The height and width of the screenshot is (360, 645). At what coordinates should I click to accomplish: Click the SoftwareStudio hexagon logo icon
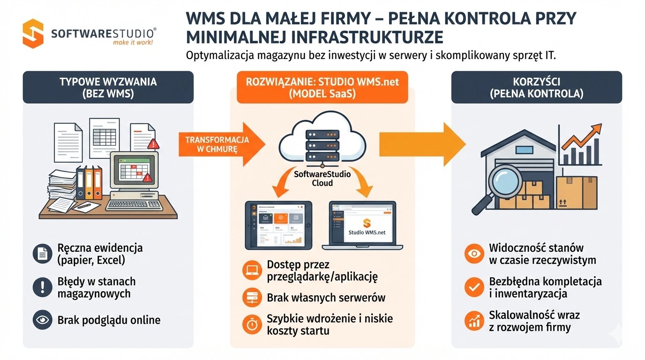tap(33, 33)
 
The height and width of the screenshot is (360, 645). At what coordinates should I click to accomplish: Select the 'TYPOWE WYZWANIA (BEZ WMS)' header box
tap(108, 87)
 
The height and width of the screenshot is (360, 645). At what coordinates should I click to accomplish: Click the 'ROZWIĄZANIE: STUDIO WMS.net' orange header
tap(322, 87)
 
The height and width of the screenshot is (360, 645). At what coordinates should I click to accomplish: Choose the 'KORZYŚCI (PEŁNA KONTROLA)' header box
tap(536, 87)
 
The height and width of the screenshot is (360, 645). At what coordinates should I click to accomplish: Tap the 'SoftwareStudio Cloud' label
tap(322, 178)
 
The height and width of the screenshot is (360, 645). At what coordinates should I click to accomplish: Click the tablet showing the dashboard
tap(279, 225)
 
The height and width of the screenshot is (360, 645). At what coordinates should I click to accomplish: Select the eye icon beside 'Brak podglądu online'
tap(43, 320)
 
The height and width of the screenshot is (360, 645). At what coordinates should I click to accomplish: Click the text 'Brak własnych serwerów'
tap(326, 297)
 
